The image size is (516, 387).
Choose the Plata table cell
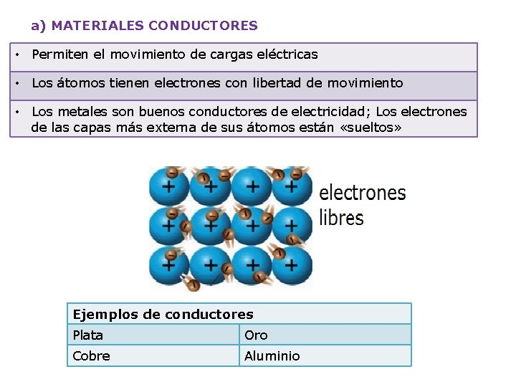tap(153, 335)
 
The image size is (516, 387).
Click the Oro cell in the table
tap(325, 335)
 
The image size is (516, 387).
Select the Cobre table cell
tap(153, 355)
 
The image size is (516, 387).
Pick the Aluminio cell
tap(325, 355)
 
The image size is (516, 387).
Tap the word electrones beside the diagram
tap(362, 193)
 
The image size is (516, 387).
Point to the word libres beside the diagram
tap(341, 217)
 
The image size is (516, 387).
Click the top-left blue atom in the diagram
tap(169, 186)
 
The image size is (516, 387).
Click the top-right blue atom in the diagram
tap(292, 186)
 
